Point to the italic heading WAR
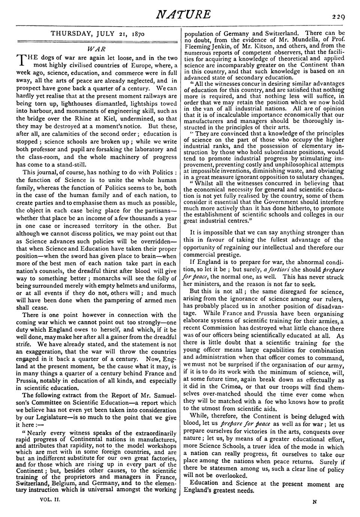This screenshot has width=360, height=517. point(96,49)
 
